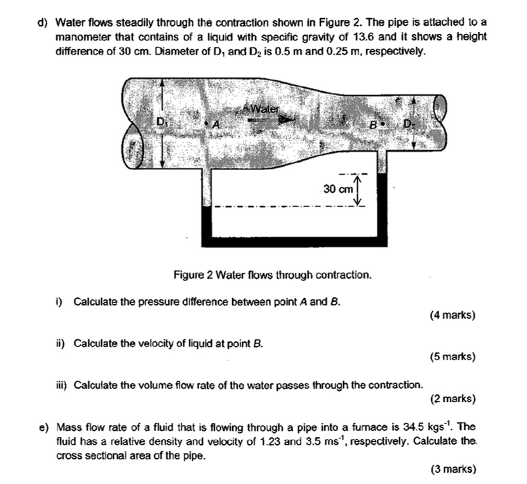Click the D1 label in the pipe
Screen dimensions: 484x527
click(162, 122)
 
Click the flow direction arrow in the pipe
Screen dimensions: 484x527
click(268, 119)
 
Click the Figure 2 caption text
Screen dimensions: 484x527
click(272, 275)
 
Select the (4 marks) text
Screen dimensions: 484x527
click(452, 315)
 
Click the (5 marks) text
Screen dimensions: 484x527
click(452, 356)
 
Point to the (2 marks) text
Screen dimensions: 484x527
click(452, 398)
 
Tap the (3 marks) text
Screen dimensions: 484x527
click(452, 468)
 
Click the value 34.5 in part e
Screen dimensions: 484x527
click(414, 427)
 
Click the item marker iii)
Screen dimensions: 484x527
click(63, 385)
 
